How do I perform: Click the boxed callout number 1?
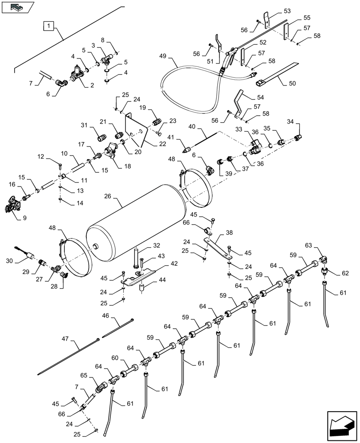click(49, 26)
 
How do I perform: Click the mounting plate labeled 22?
click(135, 129)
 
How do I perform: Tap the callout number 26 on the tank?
click(108, 196)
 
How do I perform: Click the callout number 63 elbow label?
click(309, 245)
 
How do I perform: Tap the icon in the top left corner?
click(18, 8)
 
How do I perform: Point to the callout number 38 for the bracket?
click(241, 232)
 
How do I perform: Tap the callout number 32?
click(144, 246)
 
